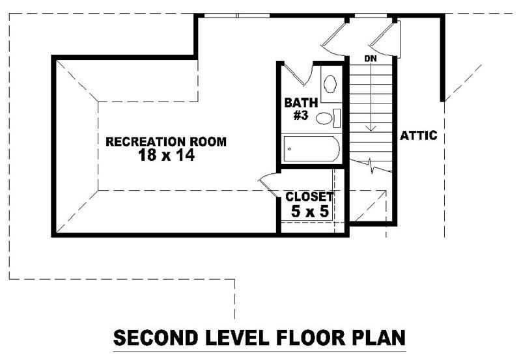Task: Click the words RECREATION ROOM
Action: coord(166,141)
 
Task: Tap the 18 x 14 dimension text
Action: coord(167,156)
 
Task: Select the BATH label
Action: coord(300,102)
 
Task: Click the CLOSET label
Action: coord(309,197)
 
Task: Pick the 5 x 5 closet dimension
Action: coord(309,210)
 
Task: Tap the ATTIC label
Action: coord(418,136)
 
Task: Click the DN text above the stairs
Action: coord(371,59)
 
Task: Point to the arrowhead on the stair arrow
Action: coord(371,129)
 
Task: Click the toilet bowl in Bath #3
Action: coord(324,118)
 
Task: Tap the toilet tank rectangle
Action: coord(337,118)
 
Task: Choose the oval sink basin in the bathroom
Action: coord(330,84)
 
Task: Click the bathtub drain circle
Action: coord(289,150)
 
